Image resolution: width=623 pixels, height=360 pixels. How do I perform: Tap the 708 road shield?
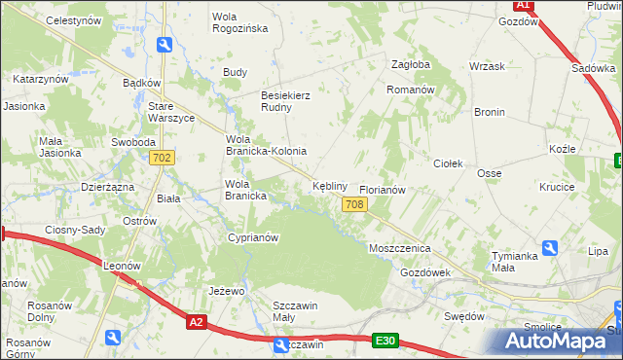pyautogui.click(x=354, y=203)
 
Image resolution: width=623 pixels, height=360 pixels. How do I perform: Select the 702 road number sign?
pyautogui.click(x=163, y=158)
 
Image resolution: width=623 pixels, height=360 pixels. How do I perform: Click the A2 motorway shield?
pyautogui.click(x=197, y=322)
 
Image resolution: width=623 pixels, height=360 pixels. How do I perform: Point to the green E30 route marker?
pyautogui.click(x=385, y=340)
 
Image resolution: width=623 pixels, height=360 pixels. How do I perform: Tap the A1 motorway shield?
pyautogui.click(x=523, y=5)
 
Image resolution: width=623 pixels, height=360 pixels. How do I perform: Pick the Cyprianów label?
pyautogui.click(x=253, y=237)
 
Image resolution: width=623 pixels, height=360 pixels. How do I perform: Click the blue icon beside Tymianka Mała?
pyautogui.click(x=551, y=248)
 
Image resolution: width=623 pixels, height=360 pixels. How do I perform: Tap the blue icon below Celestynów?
pyautogui.click(x=165, y=45)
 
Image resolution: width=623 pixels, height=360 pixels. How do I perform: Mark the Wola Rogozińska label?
pyautogui.click(x=240, y=22)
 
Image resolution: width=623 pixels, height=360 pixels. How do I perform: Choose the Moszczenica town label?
pyautogui.click(x=399, y=248)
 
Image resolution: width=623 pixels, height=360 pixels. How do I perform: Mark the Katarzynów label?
pyautogui.click(x=40, y=78)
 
